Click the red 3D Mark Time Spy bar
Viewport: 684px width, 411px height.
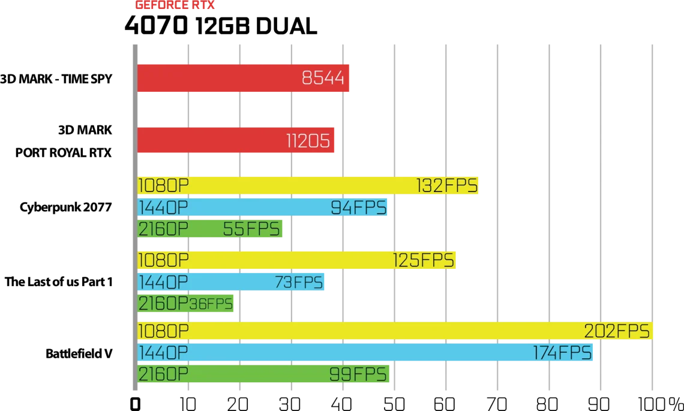(x=243, y=78)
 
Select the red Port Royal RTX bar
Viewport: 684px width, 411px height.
(x=236, y=140)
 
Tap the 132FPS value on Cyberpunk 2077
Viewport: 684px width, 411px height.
(x=446, y=186)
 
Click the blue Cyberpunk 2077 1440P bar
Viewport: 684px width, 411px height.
(x=262, y=207)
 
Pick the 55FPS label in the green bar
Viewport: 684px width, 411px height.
(x=251, y=229)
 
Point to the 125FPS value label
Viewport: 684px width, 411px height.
(x=424, y=260)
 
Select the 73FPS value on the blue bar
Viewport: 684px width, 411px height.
(x=299, y=282)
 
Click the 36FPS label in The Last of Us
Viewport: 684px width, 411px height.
(x=211, y=304)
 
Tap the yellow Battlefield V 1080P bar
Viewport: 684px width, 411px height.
(x=395, y=331)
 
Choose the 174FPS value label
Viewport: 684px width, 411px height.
(x=562, y=353)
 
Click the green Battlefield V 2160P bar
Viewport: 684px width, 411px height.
(x=263, y=374)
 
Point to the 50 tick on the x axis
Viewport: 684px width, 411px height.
(x=394, y=403)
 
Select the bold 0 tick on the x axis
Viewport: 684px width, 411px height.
(x=135, y=404)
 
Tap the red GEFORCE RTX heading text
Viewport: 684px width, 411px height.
(x=175, y=5)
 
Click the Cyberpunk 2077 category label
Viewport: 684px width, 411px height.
(x=66, y=207)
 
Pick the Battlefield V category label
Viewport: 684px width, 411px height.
(x=79, y=353)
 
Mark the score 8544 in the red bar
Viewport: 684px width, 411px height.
(x=323, y=78)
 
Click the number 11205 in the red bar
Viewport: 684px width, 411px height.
(x=308, y=140)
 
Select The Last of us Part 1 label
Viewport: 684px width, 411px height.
(x=59, y=282)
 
